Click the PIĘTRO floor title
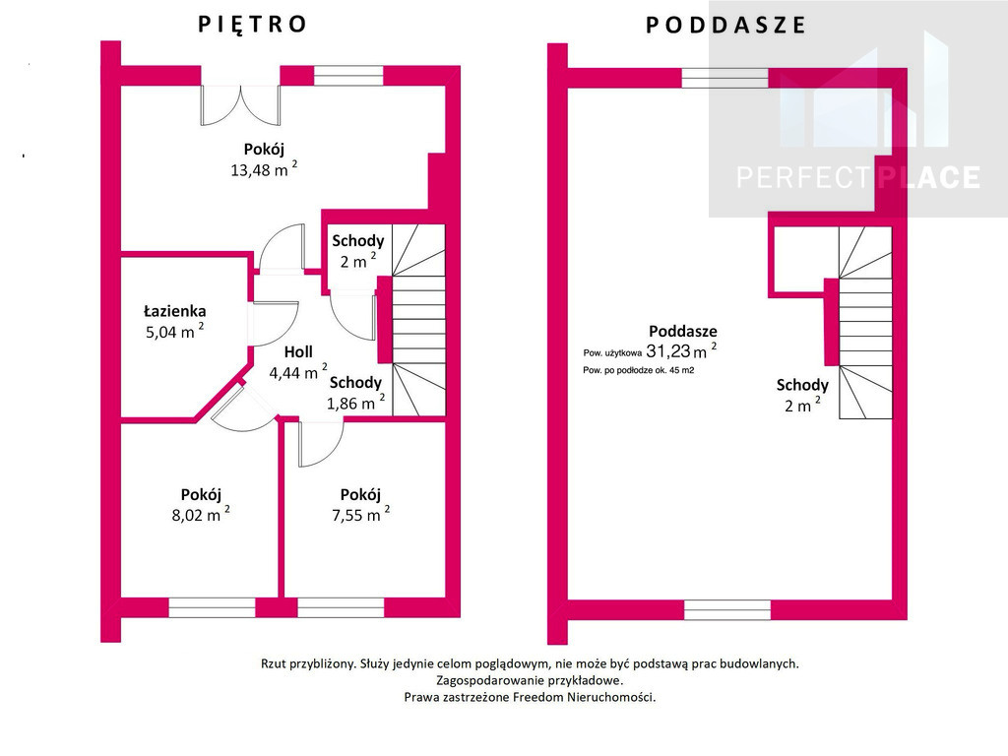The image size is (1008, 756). (x=252, y=24)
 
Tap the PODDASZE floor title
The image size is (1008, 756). (x=725, y=25)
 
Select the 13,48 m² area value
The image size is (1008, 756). (x=264, y=169)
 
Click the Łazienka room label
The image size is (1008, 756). (x=175, y=312)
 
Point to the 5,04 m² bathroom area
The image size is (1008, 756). (x=175, y=332)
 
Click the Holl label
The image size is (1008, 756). (x=298, y=352)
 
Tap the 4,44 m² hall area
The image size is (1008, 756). (x=297, y=372)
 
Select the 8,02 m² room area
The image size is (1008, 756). (x=201, y=515)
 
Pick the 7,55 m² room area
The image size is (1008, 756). (x=360, y=515)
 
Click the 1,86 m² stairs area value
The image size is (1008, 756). (x=355, y=403)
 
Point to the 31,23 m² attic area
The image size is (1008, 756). (x=681, y=351)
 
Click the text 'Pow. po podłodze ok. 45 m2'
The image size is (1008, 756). (x=638, y=370)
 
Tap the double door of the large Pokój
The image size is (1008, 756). (x=240, y=104)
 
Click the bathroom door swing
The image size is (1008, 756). (x=274, y=323)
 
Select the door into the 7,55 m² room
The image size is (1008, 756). (x=321, y=444)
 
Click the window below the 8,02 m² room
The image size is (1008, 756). (x=213, y=607)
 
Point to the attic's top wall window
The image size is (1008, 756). (x=724, y=78)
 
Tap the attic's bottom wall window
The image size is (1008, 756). (x=727, y=610)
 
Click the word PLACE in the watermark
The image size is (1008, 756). (x=929, y=177)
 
